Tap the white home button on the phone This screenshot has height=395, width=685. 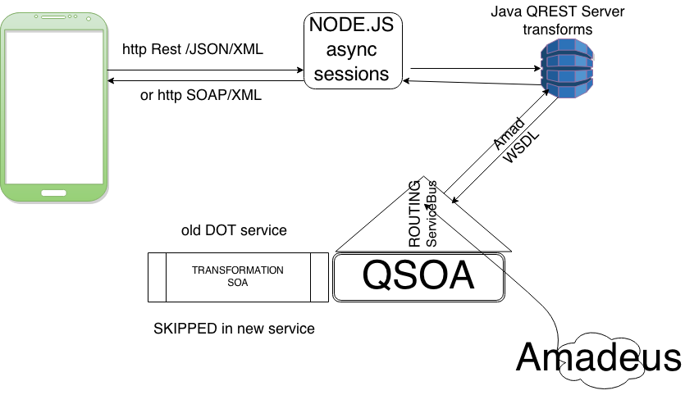click(54, 193)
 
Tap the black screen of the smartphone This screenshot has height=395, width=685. click(54, 107)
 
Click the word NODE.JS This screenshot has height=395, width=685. click(350, 25)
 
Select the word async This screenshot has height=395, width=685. click(350, 50)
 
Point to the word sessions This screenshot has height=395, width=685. click(351, 74)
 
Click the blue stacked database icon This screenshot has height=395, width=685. click(567, 69)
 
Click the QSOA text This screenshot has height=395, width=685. click(418, 277)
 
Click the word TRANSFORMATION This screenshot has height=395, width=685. click(238, 270)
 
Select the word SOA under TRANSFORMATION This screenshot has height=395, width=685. click(238, 284)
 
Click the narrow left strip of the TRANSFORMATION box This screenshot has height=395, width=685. click(157, 277)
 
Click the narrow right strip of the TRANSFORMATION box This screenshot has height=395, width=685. click(319, 277)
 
